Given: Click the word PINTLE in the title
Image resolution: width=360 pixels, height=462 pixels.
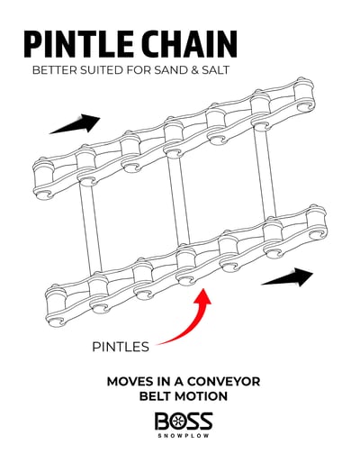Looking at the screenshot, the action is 78,44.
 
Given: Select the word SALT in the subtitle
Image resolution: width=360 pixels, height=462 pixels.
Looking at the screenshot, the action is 214,70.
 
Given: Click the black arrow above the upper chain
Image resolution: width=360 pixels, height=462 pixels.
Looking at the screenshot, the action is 75,123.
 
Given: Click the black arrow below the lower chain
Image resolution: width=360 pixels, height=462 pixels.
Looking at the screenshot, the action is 287,277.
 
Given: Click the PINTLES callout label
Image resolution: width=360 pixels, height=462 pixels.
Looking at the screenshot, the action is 121,347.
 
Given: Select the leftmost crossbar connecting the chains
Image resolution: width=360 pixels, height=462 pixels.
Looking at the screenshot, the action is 90,228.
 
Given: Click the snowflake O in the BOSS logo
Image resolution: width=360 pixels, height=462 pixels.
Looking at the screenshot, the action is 179,421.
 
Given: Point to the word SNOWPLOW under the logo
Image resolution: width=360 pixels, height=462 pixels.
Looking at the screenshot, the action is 184,436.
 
